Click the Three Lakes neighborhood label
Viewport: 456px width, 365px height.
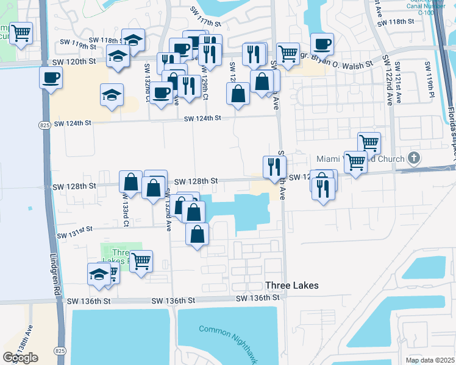292,285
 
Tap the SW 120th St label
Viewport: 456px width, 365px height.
74,61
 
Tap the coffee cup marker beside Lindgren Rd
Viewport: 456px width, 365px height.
51,77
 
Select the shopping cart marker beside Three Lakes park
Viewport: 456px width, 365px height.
141,261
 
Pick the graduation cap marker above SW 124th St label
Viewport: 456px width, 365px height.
112,95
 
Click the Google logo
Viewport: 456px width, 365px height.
20,358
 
